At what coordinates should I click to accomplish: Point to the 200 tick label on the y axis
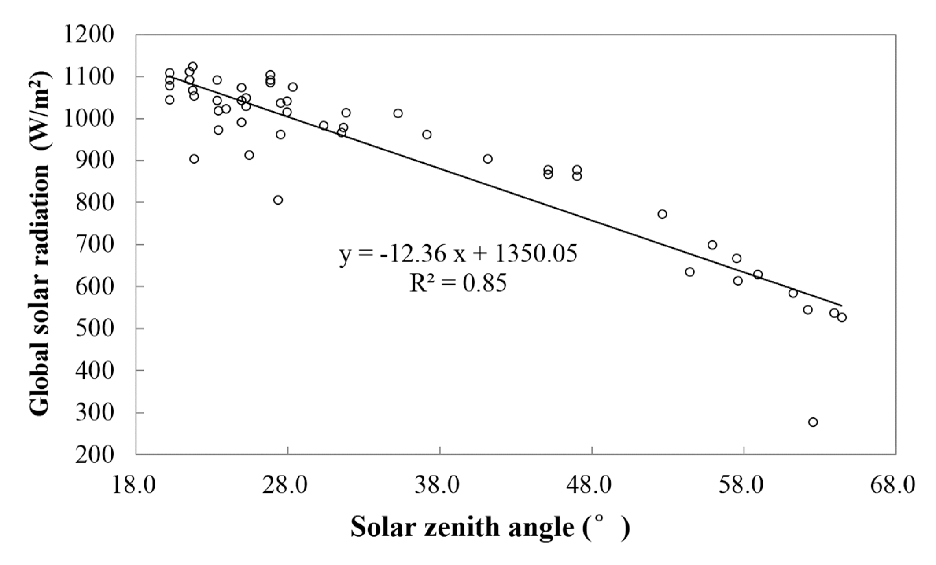(x=94, y=455)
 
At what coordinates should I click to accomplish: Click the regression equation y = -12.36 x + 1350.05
(x=459, y=254)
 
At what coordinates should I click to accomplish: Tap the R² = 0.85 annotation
(x=458, y=283)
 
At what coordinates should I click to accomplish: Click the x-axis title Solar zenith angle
(x=490, y=527)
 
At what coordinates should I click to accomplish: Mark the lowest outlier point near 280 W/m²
(x=813, y=422)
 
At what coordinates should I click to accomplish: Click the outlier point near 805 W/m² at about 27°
(x=278, y=200)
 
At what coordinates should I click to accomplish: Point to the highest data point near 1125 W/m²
(x=193, y=66)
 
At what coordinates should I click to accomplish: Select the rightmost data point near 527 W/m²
(x=842, y=318)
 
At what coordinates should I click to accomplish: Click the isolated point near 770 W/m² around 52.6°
(x=662, y=214)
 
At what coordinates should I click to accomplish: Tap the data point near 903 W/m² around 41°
(x=488, y=159)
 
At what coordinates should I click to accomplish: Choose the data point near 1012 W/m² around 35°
(x=398, y=113)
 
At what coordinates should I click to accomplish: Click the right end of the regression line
(x=841, y=305)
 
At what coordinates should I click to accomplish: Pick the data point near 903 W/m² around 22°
(x=194, y=159)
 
